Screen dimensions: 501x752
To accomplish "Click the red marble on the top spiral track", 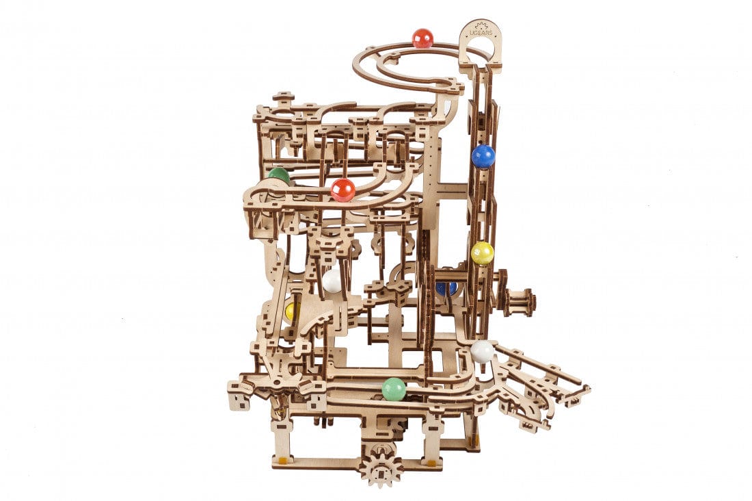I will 422,38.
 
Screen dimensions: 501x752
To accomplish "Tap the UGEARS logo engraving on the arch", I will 480,31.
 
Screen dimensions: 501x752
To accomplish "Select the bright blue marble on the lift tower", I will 483,156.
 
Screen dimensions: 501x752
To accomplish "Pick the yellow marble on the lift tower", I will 482,253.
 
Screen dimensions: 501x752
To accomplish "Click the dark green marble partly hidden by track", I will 278,175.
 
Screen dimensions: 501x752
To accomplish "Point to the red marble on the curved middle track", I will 343,190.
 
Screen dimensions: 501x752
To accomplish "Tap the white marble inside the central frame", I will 332,281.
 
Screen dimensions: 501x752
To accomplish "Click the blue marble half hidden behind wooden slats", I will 446,288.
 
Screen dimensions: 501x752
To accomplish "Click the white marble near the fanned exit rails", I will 482,351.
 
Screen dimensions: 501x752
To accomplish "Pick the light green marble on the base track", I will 394,389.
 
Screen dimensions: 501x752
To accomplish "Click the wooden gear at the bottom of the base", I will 380,465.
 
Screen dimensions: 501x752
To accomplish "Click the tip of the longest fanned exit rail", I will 586,389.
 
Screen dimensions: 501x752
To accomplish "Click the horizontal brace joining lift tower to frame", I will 452,186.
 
